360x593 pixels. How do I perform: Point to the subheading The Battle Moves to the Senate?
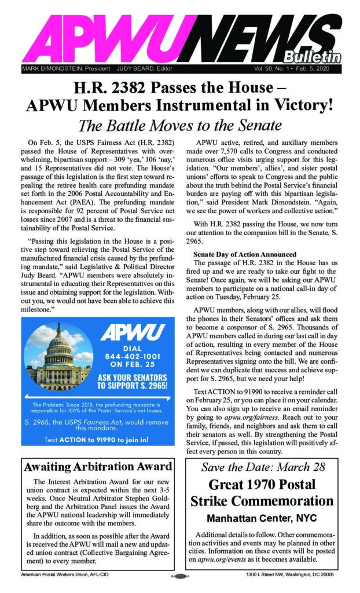179,125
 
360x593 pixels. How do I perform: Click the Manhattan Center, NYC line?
263,517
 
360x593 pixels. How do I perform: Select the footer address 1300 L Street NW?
295,577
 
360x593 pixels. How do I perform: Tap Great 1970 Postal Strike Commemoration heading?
263,492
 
